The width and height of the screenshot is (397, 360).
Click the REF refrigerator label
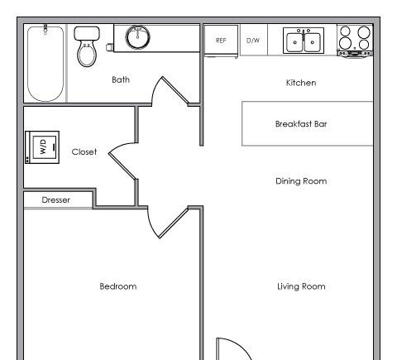coord(221,41)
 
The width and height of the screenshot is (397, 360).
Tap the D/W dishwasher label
coord(253,41)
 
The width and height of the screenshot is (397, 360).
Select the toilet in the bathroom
coord(87,46)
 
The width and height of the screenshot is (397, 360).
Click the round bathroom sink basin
coord(137,37)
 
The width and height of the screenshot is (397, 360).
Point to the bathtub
coord(45,64)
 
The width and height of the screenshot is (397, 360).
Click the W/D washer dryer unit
coord(42,147)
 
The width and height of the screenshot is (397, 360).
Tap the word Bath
coord(121,79)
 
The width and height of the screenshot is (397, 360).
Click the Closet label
coord(84,151)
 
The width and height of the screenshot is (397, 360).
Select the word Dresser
coord(55,200)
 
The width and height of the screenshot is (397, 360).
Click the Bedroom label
coord(118,286)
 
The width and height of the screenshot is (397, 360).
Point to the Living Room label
coord(301,286)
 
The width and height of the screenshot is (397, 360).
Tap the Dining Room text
coord(301,181)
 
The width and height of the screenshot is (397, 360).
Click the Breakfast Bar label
coord(301,124)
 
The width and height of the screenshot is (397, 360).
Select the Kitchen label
coord(301,83)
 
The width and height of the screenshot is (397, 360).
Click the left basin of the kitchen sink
coord(294,42)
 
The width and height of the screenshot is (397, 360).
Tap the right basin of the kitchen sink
coord(313,42)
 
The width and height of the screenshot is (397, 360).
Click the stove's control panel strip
coord(355,54)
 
